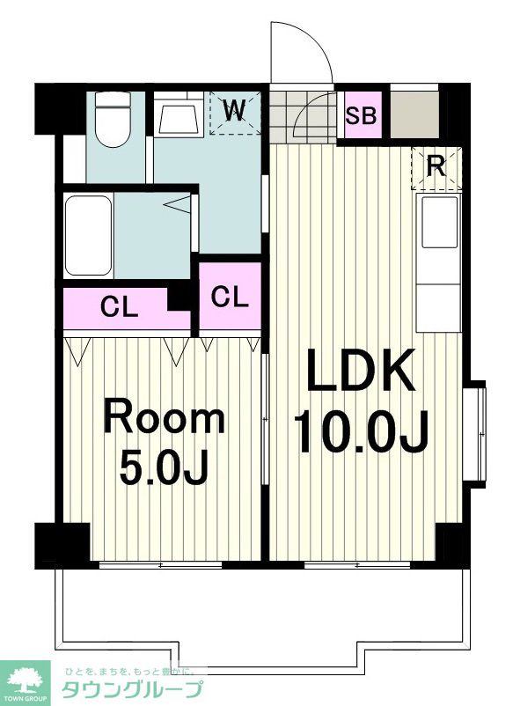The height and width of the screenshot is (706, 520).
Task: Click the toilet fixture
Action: pyautogui.click(x=113, y=119)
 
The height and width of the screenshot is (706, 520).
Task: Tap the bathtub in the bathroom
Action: pyautogui.click(x=88, y=236)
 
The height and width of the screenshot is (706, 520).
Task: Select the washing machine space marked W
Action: pyautogui.click(x=235, y=113)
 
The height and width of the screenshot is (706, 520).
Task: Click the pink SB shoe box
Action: pyautogui.click(x=363, y=114)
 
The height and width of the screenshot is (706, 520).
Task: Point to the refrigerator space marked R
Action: pyautogui.click(x=436, y=167)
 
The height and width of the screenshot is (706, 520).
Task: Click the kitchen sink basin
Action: pyautogui.click(x=439, y=223)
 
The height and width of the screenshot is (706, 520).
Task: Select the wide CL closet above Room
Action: pyautogui.click(x=119, y=308)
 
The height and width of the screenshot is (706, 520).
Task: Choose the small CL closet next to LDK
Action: pyautogui.click(x=230, y=298)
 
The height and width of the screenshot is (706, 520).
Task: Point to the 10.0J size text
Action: pyautogui.click(x=360, y=431)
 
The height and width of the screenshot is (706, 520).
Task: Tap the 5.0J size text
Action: pyautogui.click(x=164, y=467)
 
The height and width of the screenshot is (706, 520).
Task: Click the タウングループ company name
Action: pyautogui.click(x=131, y=689)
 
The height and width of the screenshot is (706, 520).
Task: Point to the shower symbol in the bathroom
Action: pyautogui.click(x=178, y=204)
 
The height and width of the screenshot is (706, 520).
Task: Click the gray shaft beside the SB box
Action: pyautogui.click(x=414, y=114)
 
